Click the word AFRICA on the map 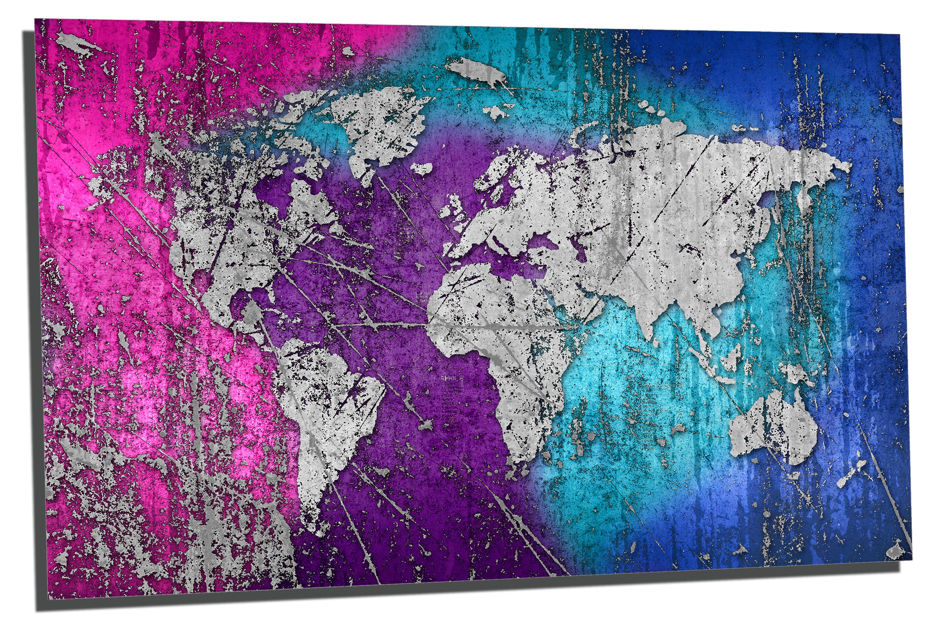coord(452,378)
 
